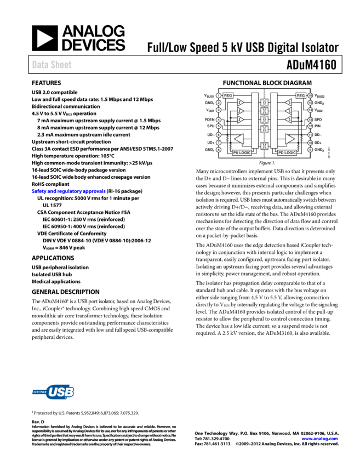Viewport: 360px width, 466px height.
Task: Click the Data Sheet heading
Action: click(x=52, y=65)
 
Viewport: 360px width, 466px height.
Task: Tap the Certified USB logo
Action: click(x=53, y=391)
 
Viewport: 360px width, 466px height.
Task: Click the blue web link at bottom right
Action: click(x=319, y=439)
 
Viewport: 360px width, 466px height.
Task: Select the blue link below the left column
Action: click(x=68, y=191)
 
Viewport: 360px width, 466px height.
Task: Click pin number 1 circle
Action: click(x=219, y=95)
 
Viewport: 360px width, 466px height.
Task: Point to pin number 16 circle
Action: click(x=310, y=95)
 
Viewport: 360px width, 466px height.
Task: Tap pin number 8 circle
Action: click(x=219, y=149)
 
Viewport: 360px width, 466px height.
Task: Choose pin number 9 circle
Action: click(x=310, y=149)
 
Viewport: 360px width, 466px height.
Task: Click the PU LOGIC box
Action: click(x=242, y=152)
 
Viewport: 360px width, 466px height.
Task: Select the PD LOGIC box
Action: click(x=287, y=152)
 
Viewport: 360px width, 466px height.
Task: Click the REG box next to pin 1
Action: click(x=228, y=95)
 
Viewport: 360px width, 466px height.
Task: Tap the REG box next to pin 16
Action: click(x=301, y=95)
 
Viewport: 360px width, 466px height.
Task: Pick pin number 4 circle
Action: click(x=219, y=119)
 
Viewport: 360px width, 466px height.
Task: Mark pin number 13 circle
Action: click(x=310, y=119)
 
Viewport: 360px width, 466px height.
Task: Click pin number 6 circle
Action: click(x=219, y=134)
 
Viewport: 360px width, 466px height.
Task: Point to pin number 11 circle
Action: click(x=310, y=134)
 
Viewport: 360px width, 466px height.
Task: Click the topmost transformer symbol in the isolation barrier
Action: click(x=264, y=102)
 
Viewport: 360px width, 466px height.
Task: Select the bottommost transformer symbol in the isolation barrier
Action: click(x=264, y=146)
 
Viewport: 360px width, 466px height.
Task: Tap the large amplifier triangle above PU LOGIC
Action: click(x=239, y=138)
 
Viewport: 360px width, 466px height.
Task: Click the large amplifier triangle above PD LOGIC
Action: click(x=290, y=138)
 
